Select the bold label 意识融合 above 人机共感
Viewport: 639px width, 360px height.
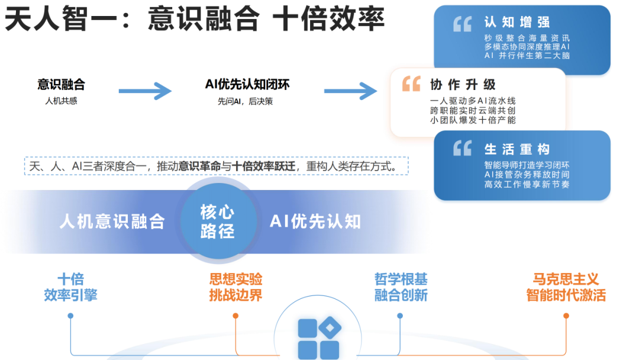tap(61, 85)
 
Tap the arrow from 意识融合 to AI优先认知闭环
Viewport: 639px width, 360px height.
tap(145, 91)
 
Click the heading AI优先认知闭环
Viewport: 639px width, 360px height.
tap(247, 85)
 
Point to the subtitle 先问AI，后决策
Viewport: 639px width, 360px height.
tap(245, 101)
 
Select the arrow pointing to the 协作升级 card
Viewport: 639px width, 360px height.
tap(350, 91)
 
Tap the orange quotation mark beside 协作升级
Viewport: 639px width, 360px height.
tap(411, 83)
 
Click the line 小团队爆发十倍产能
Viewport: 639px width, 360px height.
tap(473, 120)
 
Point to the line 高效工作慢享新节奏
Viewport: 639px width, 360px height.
tap(527, 185)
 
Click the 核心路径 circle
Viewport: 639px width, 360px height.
tap(217, 221)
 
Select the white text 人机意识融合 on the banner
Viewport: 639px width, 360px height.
tap(112, 221)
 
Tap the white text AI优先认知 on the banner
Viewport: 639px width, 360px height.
tap(315, 221)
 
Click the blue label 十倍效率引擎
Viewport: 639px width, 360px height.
tap(70, 287)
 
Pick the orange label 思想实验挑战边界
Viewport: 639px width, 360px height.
tap(235, 287)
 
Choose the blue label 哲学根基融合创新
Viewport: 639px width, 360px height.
tap(401, 287)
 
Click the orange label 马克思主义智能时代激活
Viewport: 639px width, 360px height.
tap(566, 287)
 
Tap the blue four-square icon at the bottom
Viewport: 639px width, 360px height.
tap(318, 339)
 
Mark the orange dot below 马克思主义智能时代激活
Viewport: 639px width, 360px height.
tap(566, 316)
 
